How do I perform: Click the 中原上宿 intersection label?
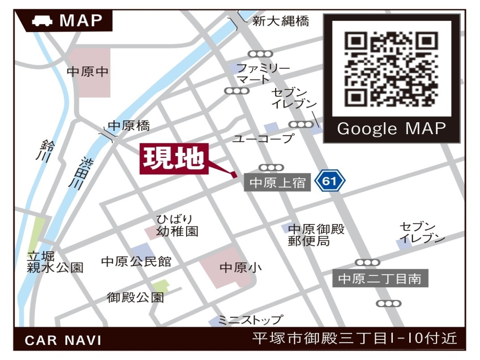pos(277,183)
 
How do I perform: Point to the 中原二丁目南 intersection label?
pos(380,279)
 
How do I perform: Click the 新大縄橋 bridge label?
pos(281,21)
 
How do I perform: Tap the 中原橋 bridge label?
pos(129,125)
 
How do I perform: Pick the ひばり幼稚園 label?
pos(177,225)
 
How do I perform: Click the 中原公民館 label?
pos(136,261)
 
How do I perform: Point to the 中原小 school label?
pos(240,267)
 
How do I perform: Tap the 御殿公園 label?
pos(136,298)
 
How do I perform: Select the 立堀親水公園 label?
pos(55,262)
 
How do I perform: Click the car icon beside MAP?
pos(42,21)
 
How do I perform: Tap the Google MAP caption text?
pos(391,129)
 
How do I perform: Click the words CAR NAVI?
pos(63,340)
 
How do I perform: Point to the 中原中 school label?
pos(88,72)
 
